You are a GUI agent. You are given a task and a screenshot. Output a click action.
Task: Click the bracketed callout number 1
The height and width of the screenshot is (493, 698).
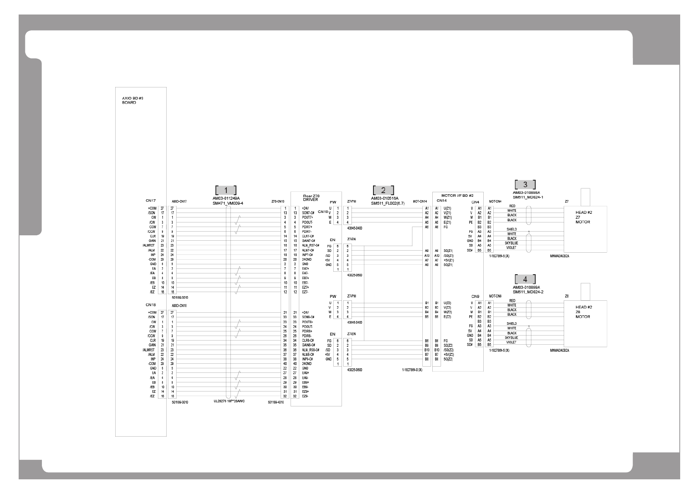[x=226, y=190]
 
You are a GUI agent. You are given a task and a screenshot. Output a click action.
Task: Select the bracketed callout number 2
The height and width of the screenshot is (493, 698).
[x=383, y=190]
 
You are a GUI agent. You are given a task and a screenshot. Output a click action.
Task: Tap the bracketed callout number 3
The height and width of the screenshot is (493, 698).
[x=525, y=184]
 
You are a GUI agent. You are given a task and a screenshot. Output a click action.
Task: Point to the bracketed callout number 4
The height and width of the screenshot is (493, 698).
[x=525, y=279]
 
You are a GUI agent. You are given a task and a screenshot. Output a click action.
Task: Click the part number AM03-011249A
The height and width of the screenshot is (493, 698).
[x=226, y=198]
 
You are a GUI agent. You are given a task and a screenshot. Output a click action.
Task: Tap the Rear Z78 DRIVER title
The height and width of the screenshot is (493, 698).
[x=311, y=198]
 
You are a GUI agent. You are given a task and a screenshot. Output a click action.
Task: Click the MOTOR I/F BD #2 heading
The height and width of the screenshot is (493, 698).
[x=457, y=195]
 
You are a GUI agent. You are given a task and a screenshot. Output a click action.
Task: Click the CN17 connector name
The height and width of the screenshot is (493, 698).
[x=150, y=201]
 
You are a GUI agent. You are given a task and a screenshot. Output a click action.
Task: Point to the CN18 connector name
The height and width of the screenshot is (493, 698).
[x=150, y=304]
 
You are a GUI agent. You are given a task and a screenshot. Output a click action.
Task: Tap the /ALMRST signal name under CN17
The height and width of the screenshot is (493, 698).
[x=148, y=245]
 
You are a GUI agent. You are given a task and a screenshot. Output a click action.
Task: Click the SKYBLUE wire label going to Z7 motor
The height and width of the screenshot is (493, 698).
[x=511, y=243]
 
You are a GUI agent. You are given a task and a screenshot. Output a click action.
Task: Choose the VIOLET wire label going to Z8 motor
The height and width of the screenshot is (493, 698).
[x=511, y=342]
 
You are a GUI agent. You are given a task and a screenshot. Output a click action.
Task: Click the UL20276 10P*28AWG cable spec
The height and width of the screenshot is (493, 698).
[x=229, y=401]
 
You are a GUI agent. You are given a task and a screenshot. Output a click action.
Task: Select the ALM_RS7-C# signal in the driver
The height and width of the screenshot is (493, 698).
[x=310, y=245]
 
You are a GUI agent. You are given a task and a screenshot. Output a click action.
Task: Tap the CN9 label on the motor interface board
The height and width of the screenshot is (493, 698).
[x=475, y=297]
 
